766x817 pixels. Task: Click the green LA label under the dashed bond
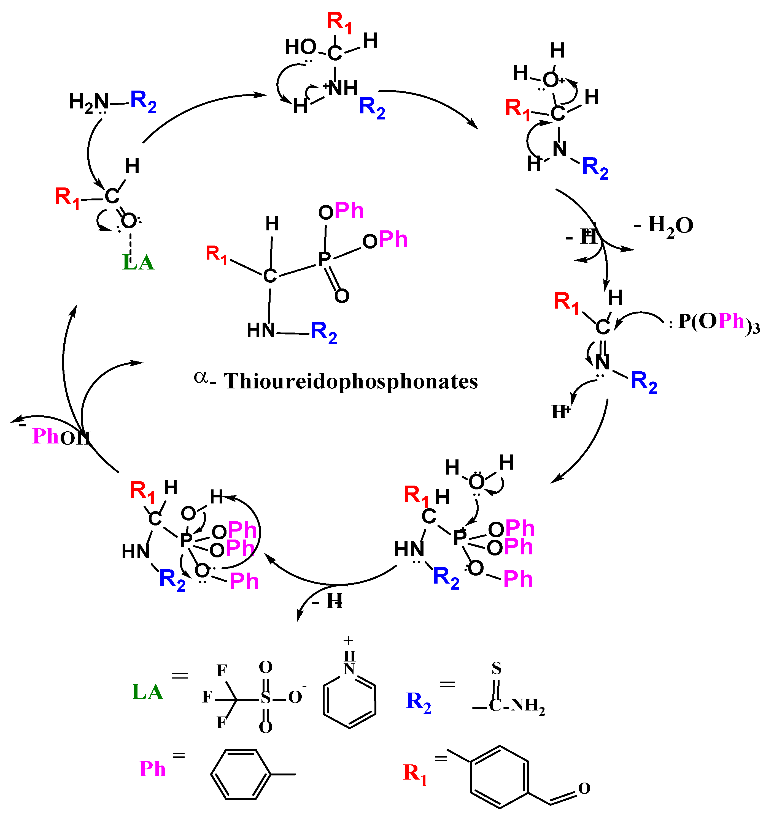(x=139, y=262)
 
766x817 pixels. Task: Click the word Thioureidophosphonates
(x=350, y=381)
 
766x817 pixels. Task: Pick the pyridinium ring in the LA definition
(x=349, y=699)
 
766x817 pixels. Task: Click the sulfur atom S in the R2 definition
(x=497, y=669)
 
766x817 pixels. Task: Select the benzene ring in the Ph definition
(x=241, y=774)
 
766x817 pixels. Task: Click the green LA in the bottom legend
(x=147, y=693)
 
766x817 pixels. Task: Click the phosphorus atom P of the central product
(x=325, y=259)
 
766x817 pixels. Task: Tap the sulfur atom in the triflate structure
(x=266, y=698)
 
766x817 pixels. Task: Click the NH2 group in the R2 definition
(x=528, y=705)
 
